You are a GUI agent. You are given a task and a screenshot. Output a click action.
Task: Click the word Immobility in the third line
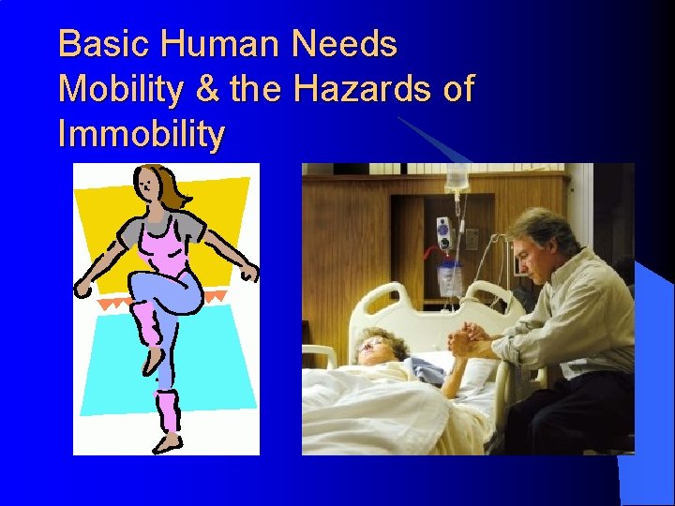pos(141,135)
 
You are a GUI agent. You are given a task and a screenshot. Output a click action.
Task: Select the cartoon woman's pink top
pos(160,249)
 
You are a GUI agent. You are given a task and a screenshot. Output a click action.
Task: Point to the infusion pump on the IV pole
pos(443,234)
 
